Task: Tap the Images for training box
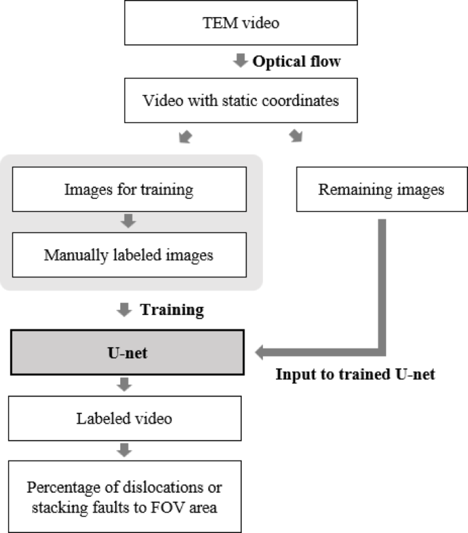click(128, 189)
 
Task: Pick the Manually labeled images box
click(128, 256)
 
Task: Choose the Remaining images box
click(381, 189)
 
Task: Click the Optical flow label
click(297, 61)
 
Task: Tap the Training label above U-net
click(171, 310)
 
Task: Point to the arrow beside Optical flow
click(240, 61)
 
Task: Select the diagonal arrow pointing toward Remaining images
click(295, 137)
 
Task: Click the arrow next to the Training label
click(124, 310)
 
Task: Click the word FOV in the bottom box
click(178, 506)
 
